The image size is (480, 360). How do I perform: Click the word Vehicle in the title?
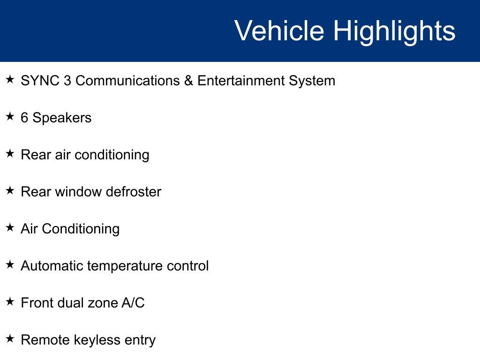point(279,31)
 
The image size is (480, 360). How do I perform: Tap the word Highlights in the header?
point(394,31)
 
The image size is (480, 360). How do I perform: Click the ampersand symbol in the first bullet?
point(188,81)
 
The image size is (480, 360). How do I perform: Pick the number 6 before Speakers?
point(24,118)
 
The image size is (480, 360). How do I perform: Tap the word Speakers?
point(62,118)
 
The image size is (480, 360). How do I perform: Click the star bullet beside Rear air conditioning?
point(10,153)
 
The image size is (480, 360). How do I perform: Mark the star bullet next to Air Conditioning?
point(10,227)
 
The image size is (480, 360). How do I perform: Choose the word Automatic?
point(52,266)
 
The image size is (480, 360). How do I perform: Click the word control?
point(188,266)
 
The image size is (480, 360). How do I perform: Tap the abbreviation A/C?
point(133,303)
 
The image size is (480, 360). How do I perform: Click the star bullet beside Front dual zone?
point(10,301)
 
